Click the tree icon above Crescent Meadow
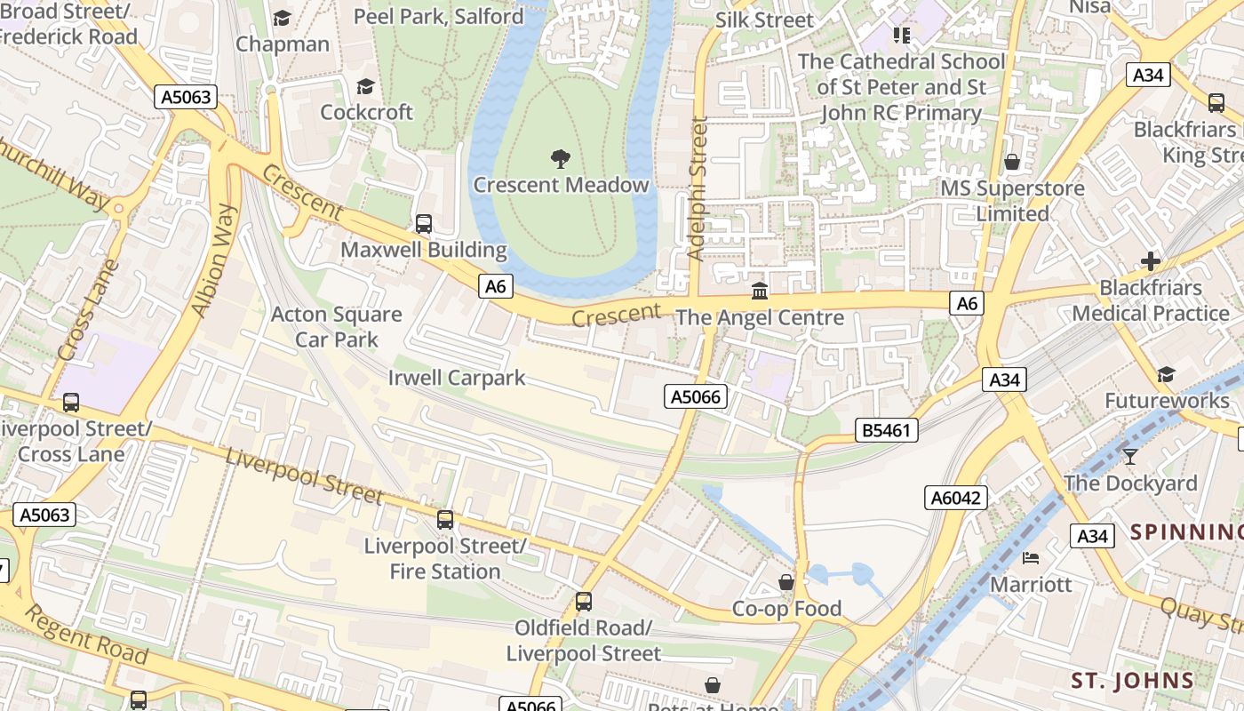point(561,159)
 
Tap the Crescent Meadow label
point(561,185)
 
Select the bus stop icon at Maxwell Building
point(424,224)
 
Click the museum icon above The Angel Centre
point(760,291)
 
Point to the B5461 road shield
point(887,431)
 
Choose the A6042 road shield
point(956,498)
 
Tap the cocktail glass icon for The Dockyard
point(1129,457)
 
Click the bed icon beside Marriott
point(1031,558)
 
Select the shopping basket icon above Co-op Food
point(786,582)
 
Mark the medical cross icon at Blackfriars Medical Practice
point(1151,261)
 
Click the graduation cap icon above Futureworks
point(1166,375)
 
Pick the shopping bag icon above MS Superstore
point(1012,162)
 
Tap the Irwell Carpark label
point(457,378)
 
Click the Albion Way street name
point(214,260)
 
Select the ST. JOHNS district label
point(1132,681)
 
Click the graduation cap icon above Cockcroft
point(365,86)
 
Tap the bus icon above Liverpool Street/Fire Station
point(445,519)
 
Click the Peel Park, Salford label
point(439,16)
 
